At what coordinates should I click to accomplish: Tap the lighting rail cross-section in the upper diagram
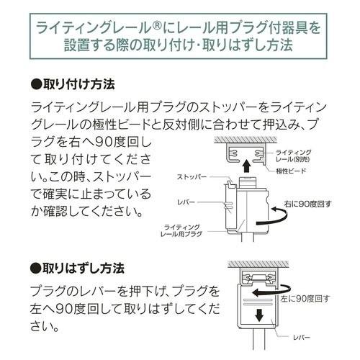click(x=245, y=151)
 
